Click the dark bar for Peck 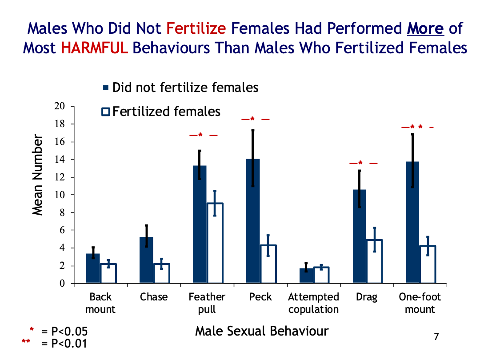pyautogui.click(x=253, y=221)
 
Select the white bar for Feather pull pyautogui.click(x=215, y=243)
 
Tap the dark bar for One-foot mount pyautogui.click(x=412, y=222)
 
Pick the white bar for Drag pyautogui.click(x=374, y=261)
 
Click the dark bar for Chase pyautogui.click(x=146, y=260)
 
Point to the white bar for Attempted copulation pyautogui.click(x=321, y=275)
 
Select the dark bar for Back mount pyautogui.click(x=93, y=268)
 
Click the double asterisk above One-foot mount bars pyautogui.click(x=416, y=127)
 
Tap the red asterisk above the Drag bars pyautogui.click(x=360, y=163)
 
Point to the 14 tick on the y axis pyautogui.click(x=72, y=160)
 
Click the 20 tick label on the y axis pyautogui.click(x=60, y=106)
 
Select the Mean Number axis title pyautogui.click(x=37, y=175)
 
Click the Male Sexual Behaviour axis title pyautogui.click(x=262, y=331)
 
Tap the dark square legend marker pyautogui.click(x=106, y=88)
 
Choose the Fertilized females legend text pyautogui.click(x=166, y=112)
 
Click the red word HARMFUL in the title pyautogui.click(x=94, y=48)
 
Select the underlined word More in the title pyautogui.click(x=425, y=28)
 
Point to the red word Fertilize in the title pyautogui.click(x=196, y=28)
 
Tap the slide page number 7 pyautogui.click(x=436, y=337)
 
